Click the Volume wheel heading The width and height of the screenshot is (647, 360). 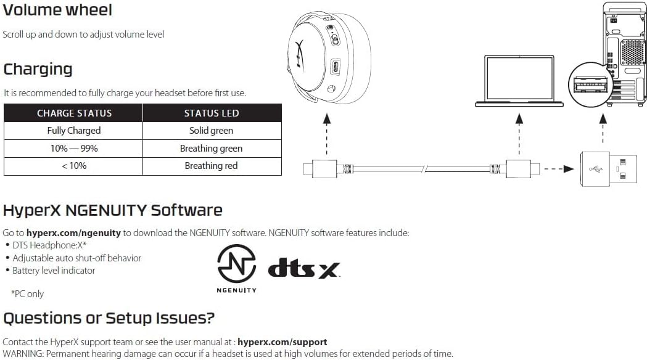click(58, 10)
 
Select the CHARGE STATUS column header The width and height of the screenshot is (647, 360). click(74, 113)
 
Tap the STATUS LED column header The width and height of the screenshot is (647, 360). click(212, 113)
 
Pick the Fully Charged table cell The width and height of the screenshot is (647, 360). click(74, 131)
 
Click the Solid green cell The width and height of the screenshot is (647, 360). click(212, 131)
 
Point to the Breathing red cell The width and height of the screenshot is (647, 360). click(212, 166)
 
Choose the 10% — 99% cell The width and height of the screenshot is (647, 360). click(74, 149)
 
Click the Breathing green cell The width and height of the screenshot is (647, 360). click(212, 149)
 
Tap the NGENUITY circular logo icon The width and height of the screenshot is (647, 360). click(237, 263)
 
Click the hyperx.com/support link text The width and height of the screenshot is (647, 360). click(282, 342)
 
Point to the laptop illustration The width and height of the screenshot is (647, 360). click(519, 80)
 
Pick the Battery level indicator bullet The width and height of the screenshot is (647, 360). click(54, 271)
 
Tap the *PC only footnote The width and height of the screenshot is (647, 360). click(27, 294)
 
